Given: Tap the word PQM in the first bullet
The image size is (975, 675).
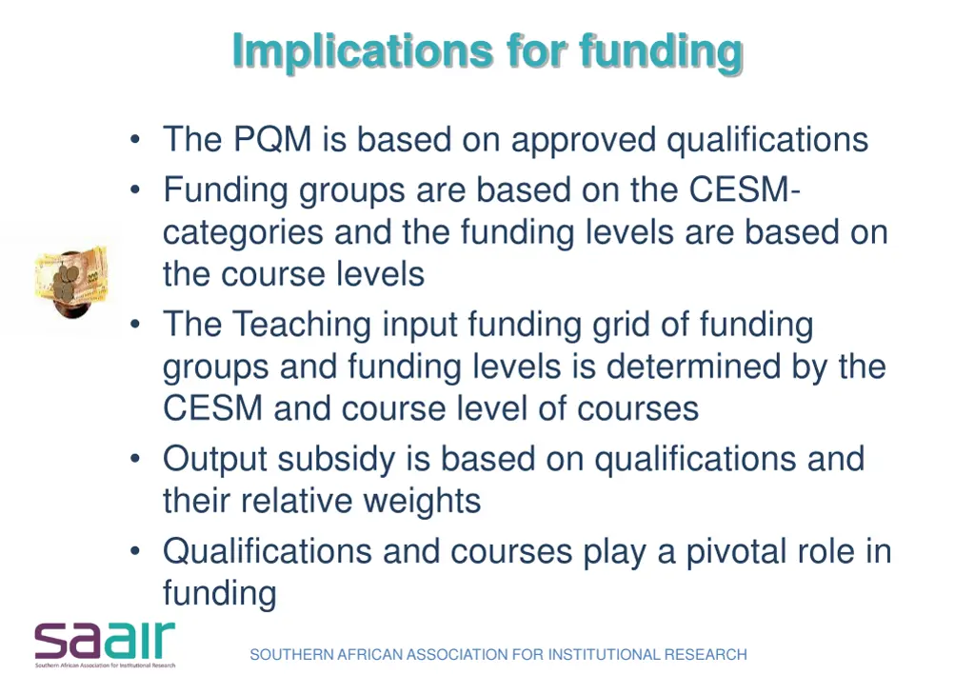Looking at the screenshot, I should [x=272, y=140].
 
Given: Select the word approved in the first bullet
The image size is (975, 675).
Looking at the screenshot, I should [x=584, y=140].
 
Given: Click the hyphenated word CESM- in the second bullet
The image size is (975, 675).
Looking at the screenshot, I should [x=744, y=190].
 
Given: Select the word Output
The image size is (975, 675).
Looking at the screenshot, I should [x=214, y=459].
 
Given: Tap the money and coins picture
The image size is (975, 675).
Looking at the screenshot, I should [x=70, y=280].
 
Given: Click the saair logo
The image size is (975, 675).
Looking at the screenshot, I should [x=106, y=644].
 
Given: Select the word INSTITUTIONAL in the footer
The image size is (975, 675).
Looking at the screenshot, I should [x=601, y=655].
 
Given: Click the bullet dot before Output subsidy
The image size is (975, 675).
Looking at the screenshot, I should [x=137, y=460].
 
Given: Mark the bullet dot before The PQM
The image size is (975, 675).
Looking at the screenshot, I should [x=137, y=141].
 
